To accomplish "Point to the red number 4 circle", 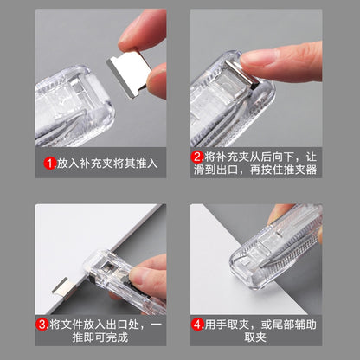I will [x=198, y=325].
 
